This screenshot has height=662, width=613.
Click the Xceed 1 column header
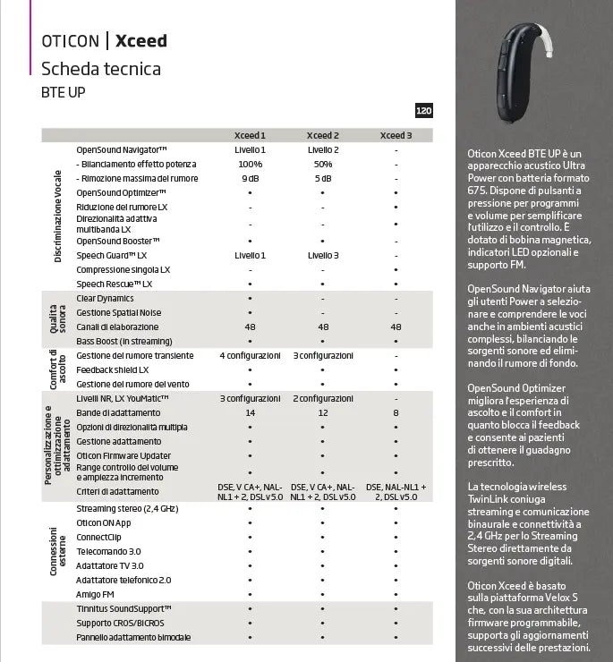click(250, 136)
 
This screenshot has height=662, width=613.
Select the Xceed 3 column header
click(396, 136)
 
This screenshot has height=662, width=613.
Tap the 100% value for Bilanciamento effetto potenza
click(250, 165)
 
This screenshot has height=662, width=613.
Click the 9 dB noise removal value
click(250, 179)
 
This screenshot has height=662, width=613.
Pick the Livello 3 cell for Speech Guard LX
click(323, 256)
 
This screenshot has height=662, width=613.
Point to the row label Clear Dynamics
click(105, 299)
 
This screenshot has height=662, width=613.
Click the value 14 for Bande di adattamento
click(250, 413)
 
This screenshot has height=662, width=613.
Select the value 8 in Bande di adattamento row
click(396, 413)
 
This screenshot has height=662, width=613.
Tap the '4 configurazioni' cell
click(250, 356)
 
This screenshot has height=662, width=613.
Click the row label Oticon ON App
click(104, 522)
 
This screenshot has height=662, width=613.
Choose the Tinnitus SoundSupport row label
click(123, 608)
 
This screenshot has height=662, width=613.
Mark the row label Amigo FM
click(95, 594)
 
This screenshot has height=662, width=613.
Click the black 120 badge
click(424, 111)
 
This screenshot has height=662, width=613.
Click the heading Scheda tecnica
click(101, 69)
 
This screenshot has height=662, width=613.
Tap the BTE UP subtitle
click(64, 92)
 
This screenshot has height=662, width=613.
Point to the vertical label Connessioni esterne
click(58, 551)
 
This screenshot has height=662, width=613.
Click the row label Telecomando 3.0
click(108, 551)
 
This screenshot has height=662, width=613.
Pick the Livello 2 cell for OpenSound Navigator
click(323, 150)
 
